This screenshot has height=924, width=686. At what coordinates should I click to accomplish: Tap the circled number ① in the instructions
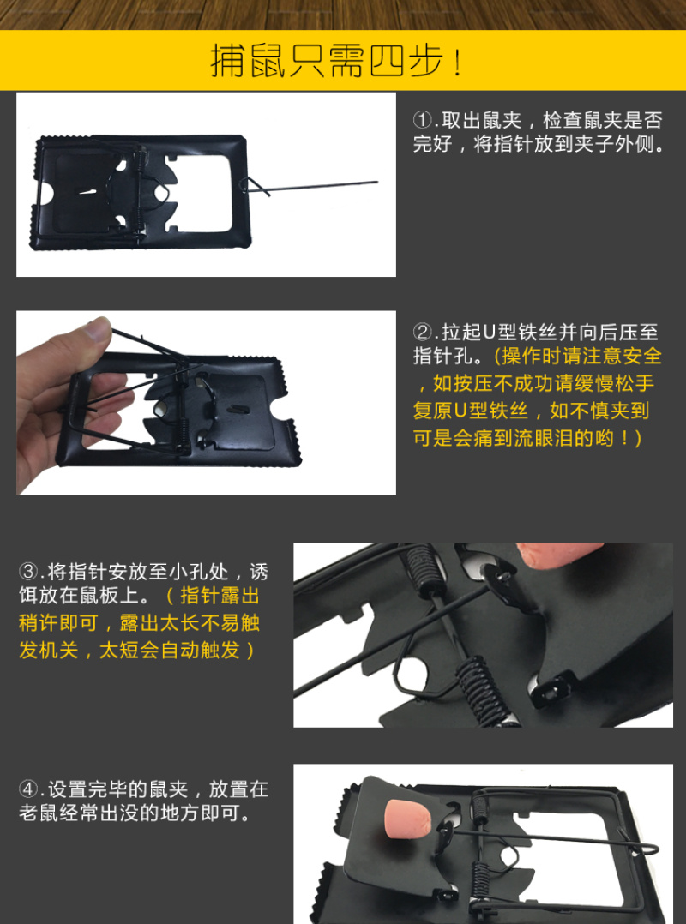pos(423,121)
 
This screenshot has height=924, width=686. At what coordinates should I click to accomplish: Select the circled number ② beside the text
pos(423,333)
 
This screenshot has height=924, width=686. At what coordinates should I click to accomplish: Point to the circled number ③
pos(28,572)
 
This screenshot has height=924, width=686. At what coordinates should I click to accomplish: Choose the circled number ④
pos(28,789)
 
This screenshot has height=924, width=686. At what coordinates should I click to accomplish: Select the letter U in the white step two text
pos(490,333)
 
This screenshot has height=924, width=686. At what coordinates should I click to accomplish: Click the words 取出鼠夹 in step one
pos(482,121)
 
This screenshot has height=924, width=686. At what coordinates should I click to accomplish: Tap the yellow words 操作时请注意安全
pos(581,357)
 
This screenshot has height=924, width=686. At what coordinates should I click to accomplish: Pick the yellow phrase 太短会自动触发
pos(169,650)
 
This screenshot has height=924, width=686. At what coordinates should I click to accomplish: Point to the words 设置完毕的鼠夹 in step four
pos(117,789)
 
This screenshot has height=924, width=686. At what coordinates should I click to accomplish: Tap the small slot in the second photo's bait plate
pos(238,407)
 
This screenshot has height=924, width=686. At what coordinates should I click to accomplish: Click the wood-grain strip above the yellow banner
pos(343,15)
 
